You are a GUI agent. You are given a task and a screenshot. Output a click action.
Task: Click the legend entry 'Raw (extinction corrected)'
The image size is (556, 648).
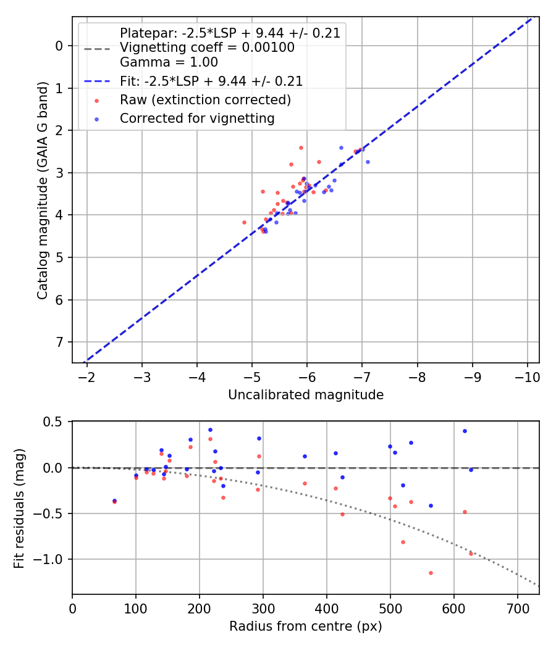point(205,99)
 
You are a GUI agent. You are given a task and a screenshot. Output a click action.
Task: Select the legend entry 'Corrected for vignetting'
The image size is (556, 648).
point(197,118)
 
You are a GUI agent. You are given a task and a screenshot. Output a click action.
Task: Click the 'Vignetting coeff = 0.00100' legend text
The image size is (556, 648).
point(207,48)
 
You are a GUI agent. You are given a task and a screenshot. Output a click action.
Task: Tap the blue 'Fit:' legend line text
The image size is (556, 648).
point(211,81)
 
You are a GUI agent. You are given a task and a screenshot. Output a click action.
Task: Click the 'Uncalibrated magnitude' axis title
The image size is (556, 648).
point(306,395)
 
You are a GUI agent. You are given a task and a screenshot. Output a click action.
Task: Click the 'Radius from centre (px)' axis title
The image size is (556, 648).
point(306,626)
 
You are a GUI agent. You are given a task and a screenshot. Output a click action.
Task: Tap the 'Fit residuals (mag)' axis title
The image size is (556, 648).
point(20,508)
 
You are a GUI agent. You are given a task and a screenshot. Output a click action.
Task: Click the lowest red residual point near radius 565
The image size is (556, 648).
point(431,573)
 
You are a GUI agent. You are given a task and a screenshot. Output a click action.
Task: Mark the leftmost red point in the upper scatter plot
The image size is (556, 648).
point(244,222)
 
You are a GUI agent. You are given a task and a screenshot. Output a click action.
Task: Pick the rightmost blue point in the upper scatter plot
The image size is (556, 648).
point(368,162)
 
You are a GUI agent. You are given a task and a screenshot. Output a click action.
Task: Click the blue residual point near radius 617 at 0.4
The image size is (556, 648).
point(465,431)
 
